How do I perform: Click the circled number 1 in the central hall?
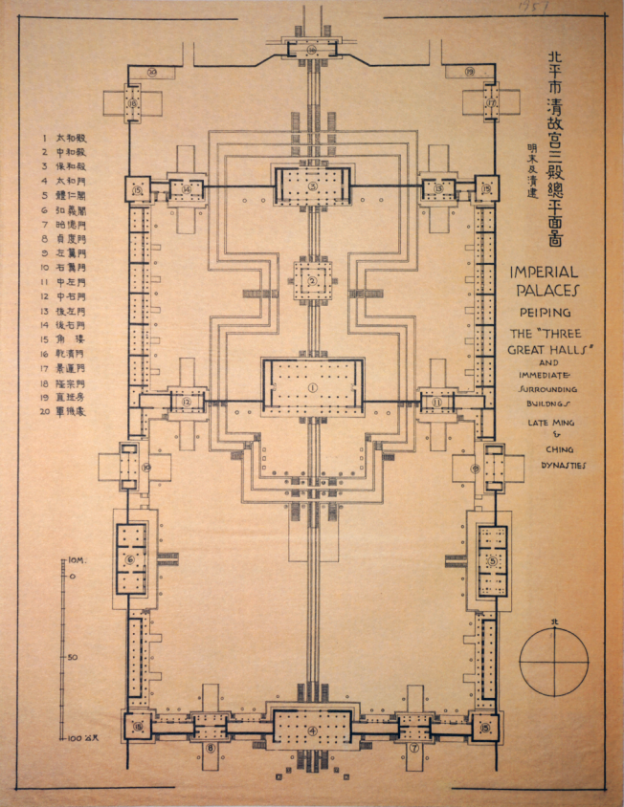(312, 386)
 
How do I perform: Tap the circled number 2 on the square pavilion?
(312, 280)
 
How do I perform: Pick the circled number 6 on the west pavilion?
(130, 560)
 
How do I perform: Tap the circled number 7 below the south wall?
(414, 749)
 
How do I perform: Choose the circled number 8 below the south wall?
(210, 749)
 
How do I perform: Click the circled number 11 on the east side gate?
(436, 403)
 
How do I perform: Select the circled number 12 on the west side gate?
(187, 403)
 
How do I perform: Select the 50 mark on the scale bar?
(76, 657)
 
